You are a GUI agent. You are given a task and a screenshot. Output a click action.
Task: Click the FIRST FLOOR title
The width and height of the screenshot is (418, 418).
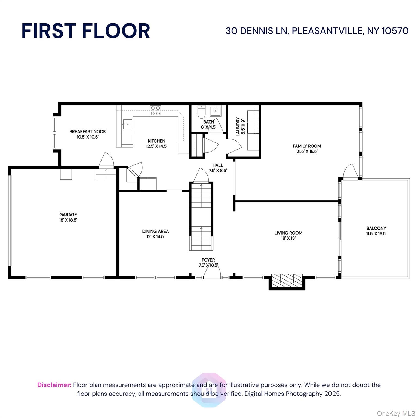(86, 31)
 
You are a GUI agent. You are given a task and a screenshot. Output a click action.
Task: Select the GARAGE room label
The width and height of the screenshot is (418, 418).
(68, 215)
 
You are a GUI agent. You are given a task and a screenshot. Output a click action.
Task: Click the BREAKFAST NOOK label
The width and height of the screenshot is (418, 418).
(87, 132)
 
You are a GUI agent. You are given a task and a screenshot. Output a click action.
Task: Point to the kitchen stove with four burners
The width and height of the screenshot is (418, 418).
(155, 111)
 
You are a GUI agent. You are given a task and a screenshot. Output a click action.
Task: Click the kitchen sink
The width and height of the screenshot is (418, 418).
(127, 125)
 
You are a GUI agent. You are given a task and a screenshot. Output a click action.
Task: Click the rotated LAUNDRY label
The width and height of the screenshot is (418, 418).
(238, 127)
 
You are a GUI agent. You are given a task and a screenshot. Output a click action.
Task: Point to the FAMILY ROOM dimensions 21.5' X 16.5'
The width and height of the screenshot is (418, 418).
(307, 152)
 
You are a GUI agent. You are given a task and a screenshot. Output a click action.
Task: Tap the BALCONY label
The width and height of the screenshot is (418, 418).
(376, 228)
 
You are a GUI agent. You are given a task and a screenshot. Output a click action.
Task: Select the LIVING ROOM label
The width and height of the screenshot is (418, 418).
(288, 233)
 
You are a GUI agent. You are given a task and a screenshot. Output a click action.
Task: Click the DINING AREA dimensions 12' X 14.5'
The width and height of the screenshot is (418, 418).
(155, 237)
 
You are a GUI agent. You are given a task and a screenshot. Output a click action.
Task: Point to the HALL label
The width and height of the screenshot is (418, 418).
(217, 165)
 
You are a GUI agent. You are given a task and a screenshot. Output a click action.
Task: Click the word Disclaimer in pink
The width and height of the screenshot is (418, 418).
(54, 385)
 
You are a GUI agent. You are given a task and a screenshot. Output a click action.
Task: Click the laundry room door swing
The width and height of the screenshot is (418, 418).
(233, 147)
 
